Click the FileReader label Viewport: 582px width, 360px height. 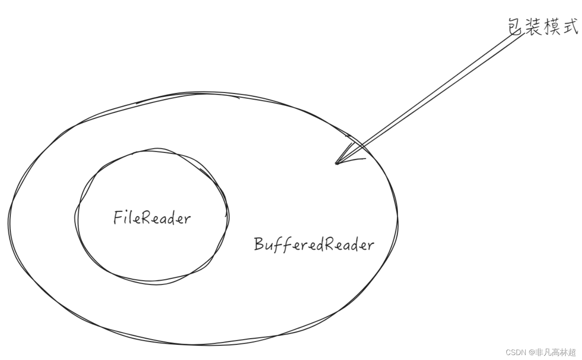click(152, 218)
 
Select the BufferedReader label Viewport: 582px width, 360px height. click(314, 244)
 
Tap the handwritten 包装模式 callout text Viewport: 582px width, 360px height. click(543, 26)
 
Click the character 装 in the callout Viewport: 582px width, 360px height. click(534, 26)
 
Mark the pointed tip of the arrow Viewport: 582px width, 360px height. click(337, 163)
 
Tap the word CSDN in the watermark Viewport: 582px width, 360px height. click(516, 352)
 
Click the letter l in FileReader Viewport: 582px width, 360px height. click(130, 217)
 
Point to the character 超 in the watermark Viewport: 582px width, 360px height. click(572, 352)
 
